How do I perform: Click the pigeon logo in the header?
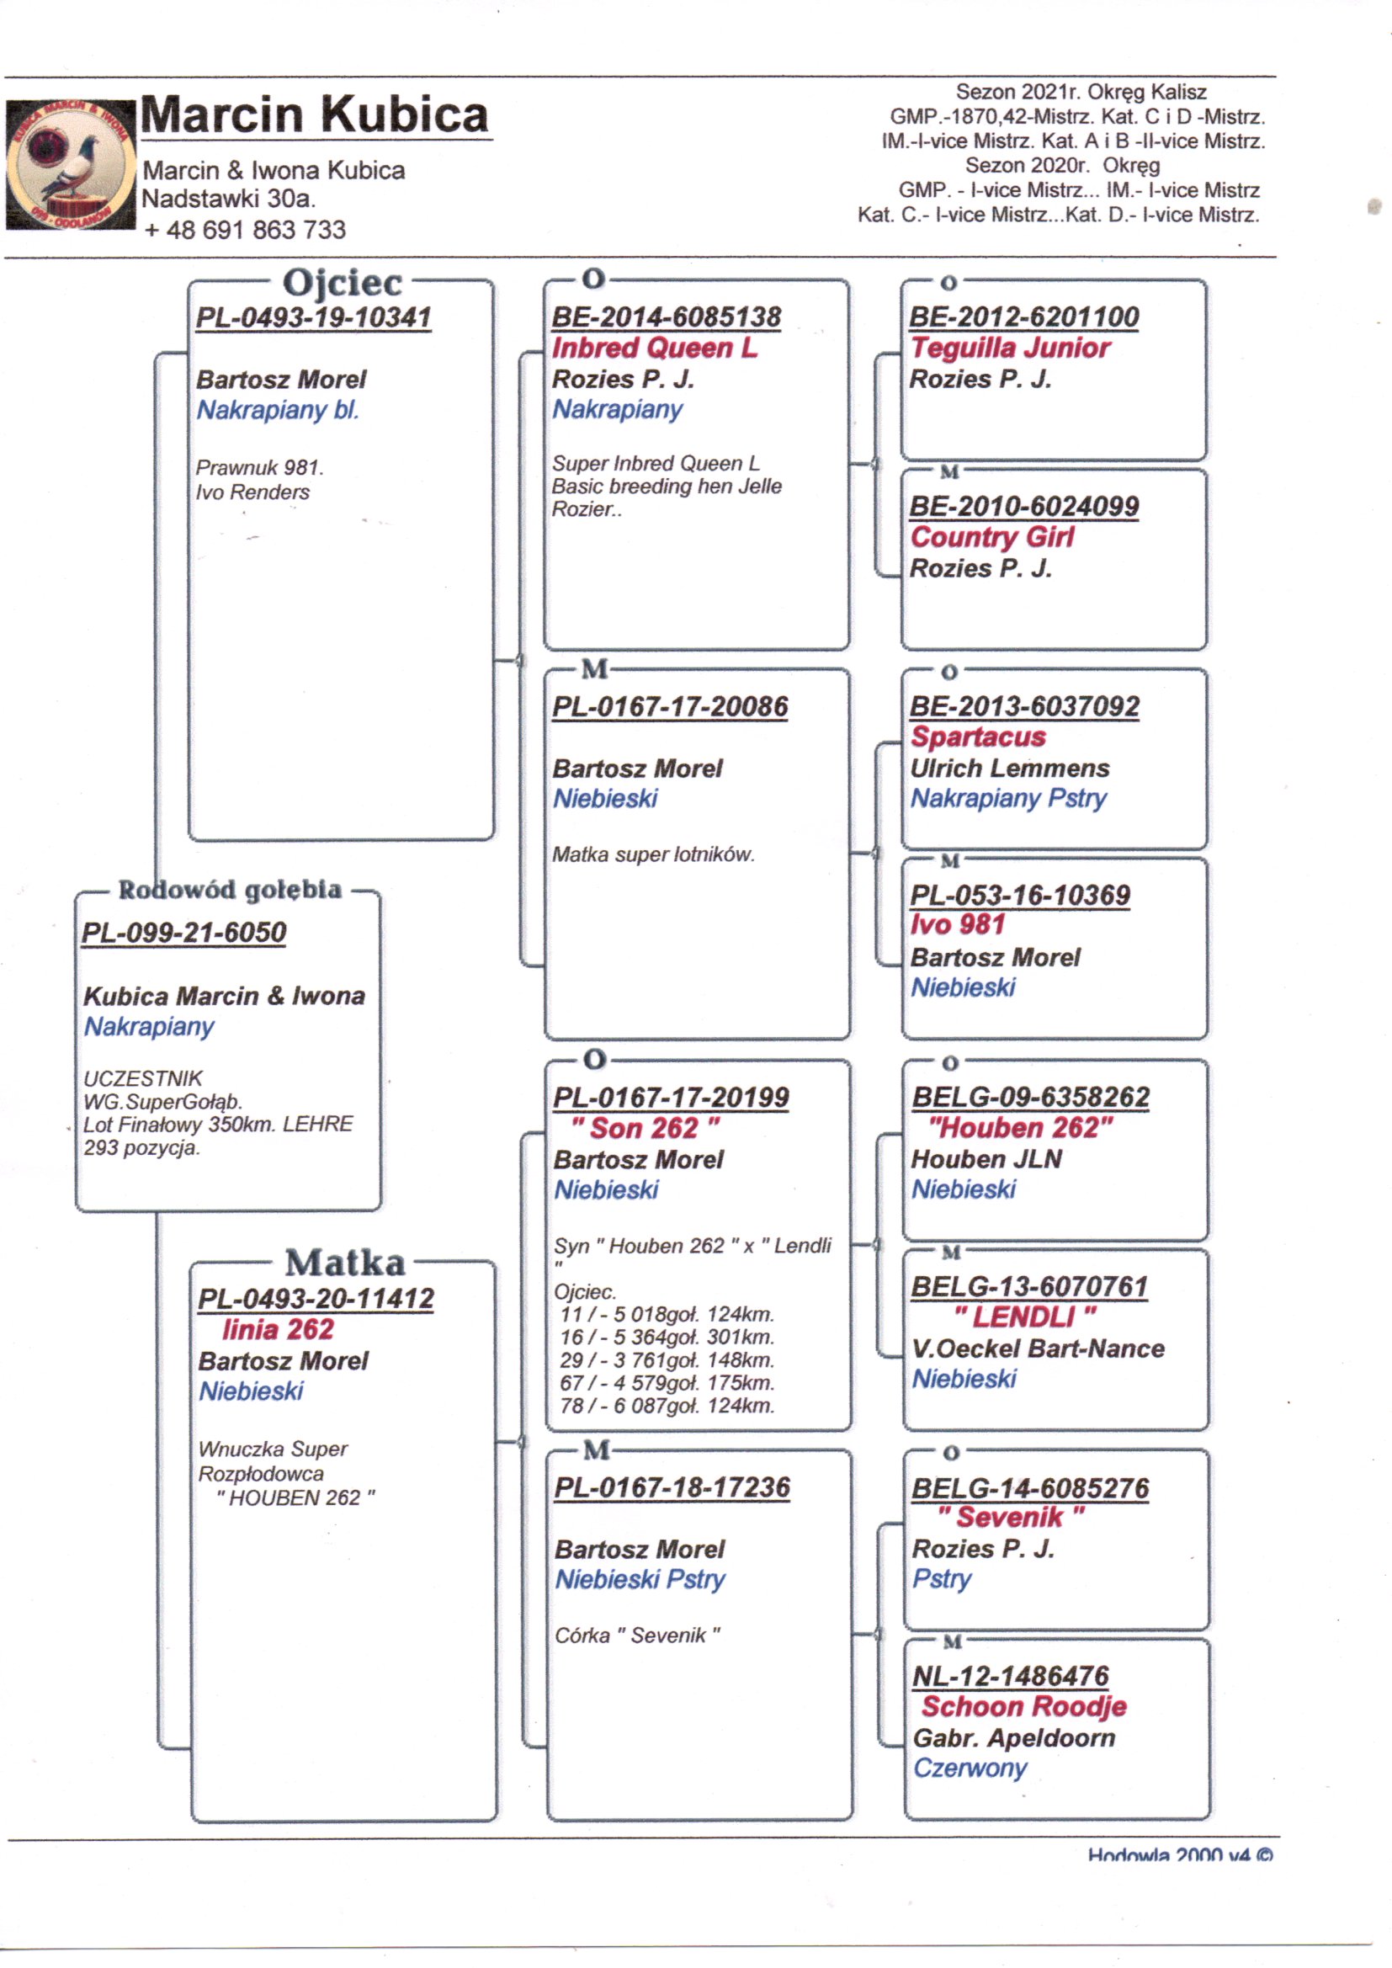(x=71, y=165)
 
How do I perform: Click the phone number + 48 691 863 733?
(x=245, y=230)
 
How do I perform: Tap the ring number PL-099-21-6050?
(x=183, y=932)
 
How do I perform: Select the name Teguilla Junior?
(x=1010, y=348)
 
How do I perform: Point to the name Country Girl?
(x=991, y=537)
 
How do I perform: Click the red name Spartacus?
(x=978, y=737)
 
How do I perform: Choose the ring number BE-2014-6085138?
(x=666, y=317)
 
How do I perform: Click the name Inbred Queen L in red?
(x=654, y=348)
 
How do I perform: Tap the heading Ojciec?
(x=342, y=283)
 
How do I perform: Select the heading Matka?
(x=344, y=1263)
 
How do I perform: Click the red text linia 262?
(x=278, y=1329)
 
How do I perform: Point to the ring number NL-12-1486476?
(x=1011, y=1677)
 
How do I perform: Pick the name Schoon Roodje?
(x=1023, y=1706)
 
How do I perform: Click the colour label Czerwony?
(x=970, y=1768)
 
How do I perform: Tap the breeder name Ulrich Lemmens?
(x=1010, y=768)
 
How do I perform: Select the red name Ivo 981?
(x=958, y=925)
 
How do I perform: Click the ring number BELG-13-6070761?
(x=1028, y=1286)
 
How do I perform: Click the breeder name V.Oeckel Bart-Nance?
(x=1038, y=1348)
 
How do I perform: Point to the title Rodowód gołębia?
(x=230, y=890)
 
